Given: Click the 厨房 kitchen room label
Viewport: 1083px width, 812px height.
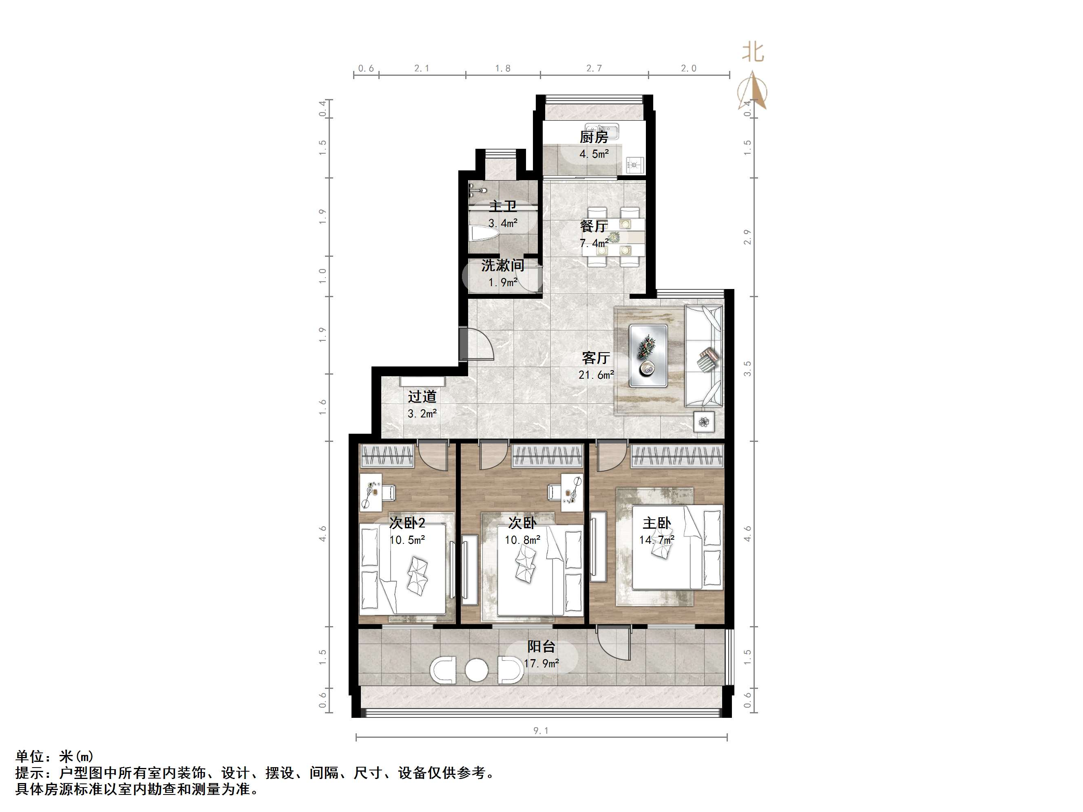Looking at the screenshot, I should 593,137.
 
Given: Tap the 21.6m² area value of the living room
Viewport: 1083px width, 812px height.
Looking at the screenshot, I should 596,375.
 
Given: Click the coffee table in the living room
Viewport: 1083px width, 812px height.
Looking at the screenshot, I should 648,355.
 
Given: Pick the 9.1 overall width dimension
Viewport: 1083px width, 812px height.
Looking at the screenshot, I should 541,731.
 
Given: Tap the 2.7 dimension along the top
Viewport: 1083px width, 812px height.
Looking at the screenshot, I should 594,68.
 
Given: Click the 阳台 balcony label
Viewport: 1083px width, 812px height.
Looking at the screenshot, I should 541,647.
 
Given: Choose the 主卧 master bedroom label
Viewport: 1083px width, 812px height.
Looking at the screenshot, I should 656,523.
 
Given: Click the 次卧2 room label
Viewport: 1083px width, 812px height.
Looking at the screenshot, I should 407,523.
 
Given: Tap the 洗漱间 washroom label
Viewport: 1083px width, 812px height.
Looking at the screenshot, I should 502,266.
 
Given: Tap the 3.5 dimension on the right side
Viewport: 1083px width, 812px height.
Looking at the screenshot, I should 747,368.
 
